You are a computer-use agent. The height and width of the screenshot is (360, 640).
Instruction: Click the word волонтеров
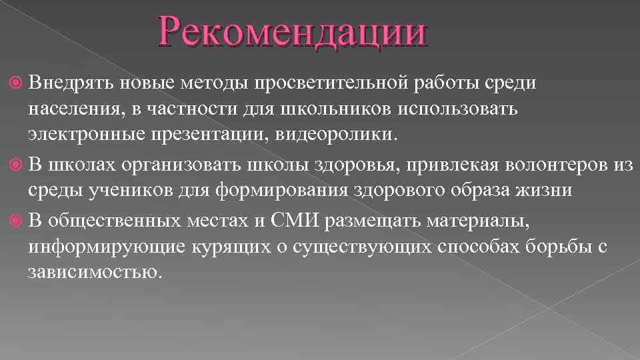pos(551,165)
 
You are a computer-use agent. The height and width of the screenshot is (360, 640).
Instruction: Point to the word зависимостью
pos(95,273)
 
